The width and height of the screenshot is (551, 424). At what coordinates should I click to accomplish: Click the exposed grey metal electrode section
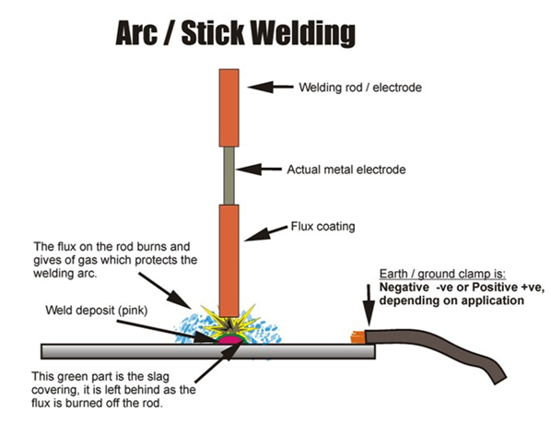tap(229, 176)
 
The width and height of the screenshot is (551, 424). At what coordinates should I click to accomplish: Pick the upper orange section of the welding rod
tap(229, 108)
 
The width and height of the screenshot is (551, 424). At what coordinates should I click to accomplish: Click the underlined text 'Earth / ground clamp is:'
tap(431, 274)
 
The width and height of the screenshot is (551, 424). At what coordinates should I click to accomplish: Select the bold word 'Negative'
tap(405, 287)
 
